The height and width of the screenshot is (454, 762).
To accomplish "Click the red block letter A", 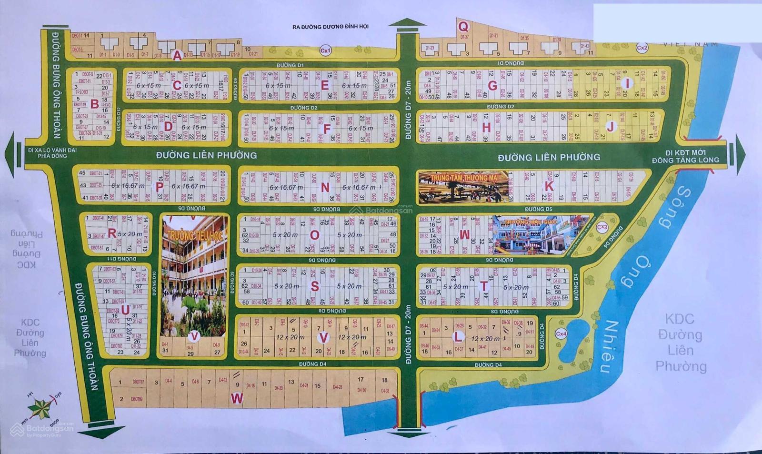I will [x=177, y=56].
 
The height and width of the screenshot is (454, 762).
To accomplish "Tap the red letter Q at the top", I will [x=463, y=27].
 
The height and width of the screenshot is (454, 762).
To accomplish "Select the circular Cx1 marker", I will [x=325, y=50].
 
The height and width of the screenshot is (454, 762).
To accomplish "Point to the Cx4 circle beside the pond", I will [x=561, y=334].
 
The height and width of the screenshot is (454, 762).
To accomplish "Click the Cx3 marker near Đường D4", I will [x=602, y=227].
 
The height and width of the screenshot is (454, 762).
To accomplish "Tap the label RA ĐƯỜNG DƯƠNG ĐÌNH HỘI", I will [x=330, y=27].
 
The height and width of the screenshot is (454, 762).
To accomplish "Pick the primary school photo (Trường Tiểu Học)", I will [x=194, y=276].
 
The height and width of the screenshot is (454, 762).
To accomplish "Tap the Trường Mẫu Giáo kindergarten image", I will [x=541, y=235].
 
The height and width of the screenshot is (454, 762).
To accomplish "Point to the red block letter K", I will [x=549, y=186].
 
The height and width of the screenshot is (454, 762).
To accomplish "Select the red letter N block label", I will [x=325, y=188].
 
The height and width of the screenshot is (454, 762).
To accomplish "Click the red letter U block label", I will [x=125, y=310].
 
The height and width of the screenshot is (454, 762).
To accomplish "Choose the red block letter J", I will [x=611, y=127].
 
